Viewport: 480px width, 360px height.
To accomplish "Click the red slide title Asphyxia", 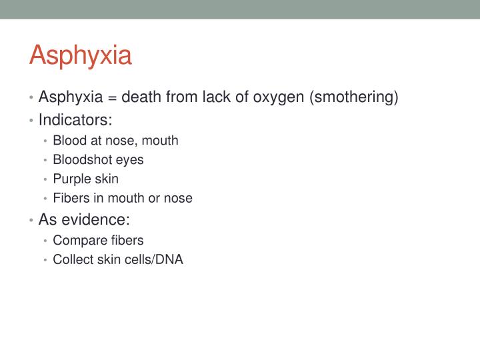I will (x=80, y=55).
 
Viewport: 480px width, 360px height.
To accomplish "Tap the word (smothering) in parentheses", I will (x=353, y=97).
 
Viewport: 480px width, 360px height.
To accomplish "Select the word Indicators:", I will (x=75, y=120).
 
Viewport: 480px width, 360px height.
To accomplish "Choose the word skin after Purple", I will (x=106, y=179).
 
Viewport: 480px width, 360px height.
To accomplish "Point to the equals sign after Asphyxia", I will (x=112, y=98).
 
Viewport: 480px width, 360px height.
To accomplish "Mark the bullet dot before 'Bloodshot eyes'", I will (x=45, y=161).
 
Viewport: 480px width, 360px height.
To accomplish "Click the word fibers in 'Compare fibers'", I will (x=125, y=240).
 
